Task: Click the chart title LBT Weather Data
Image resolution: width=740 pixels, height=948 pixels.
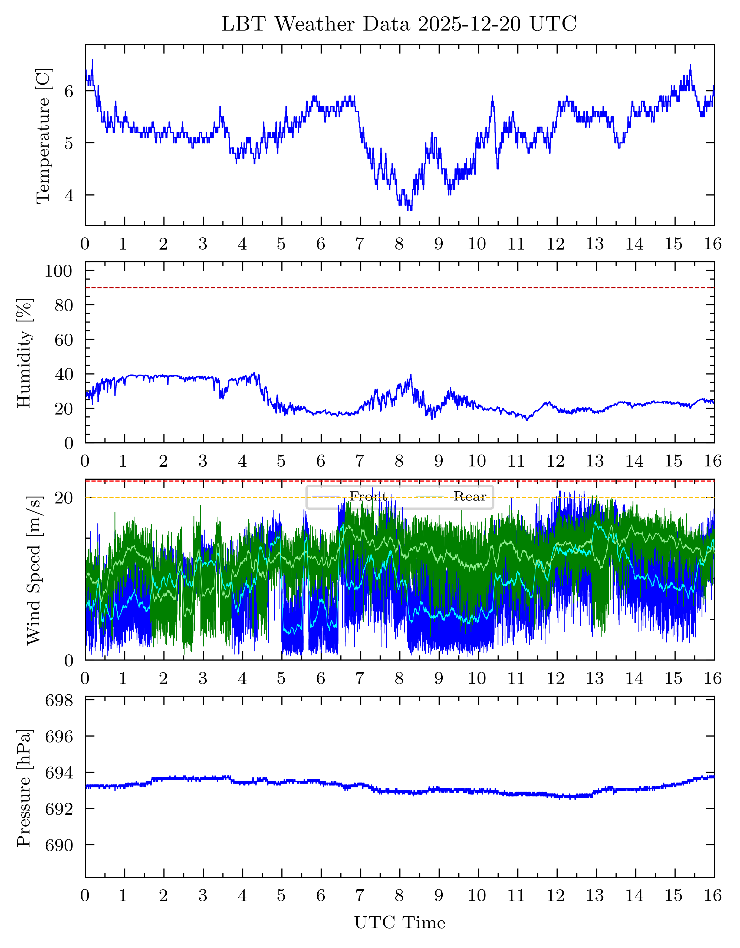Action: pyautogui.click(x=399, y=24)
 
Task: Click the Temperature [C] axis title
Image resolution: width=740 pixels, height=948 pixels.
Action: pyautogui.click(x=44, y=135)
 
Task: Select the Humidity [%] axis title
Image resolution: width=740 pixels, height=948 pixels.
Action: pyautogui.click(x=25, y=353)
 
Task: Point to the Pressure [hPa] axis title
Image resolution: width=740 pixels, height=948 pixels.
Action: pyautogui.click(x=24, y=788)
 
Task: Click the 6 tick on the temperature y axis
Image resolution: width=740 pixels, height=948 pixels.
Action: pyautogui.click(x=69, y=92)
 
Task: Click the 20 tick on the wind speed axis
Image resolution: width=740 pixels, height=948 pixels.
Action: pyautogui.click(x=64, y=498)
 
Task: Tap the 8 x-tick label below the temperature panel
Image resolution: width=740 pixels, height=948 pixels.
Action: pyautogui.click(x=399, y=244)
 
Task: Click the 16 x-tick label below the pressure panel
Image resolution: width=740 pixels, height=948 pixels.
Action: pyautogui.click(x=713, y=896)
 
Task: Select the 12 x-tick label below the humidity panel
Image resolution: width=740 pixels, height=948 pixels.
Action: pyautogui.click(x=555, y=461)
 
